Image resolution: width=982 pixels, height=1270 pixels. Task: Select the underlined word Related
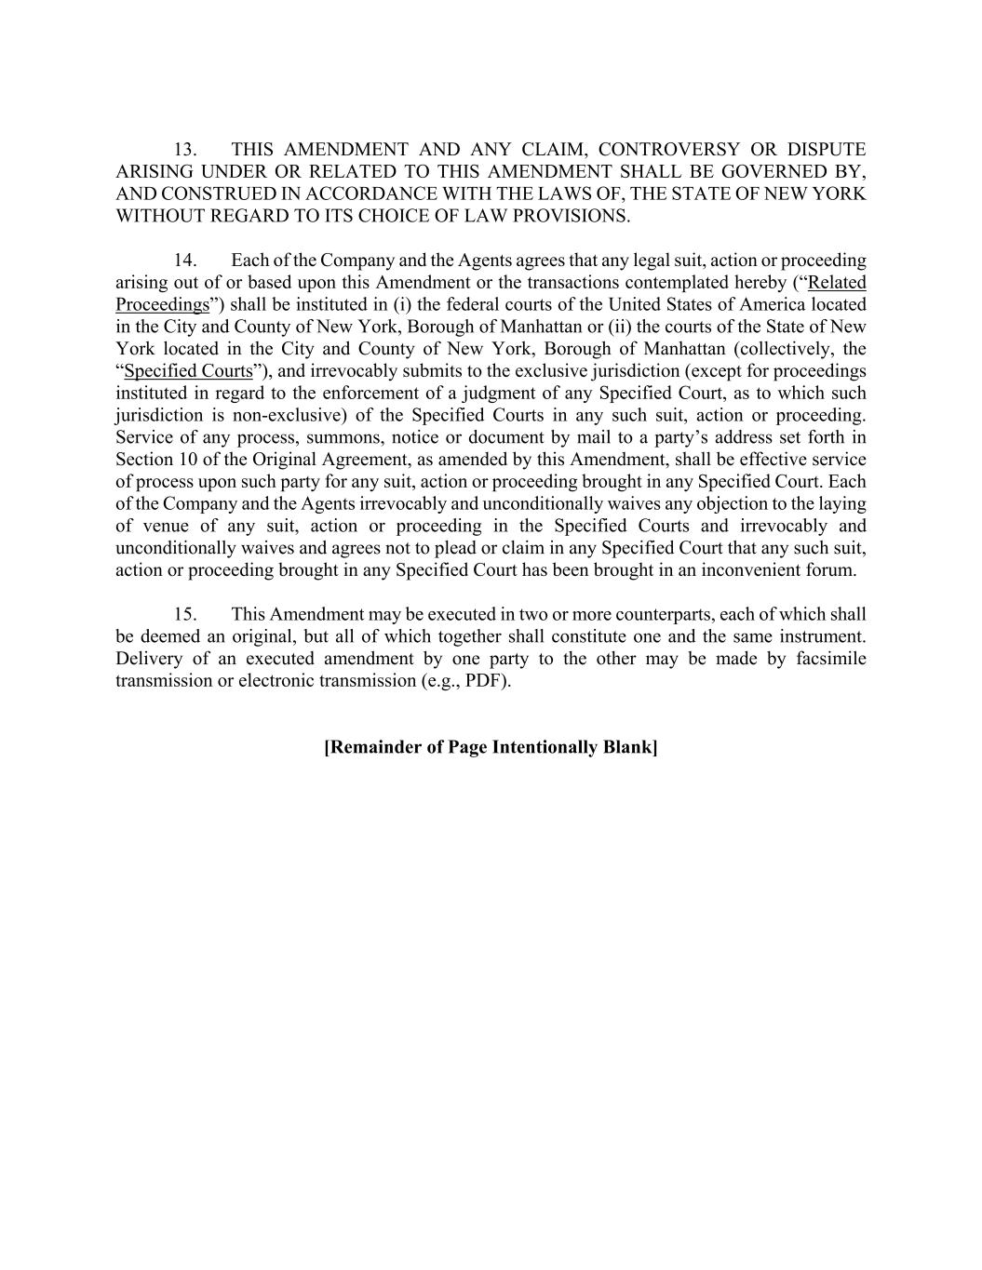pos(838,283)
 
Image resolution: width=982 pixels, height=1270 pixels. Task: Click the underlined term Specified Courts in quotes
pos(189,371)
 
